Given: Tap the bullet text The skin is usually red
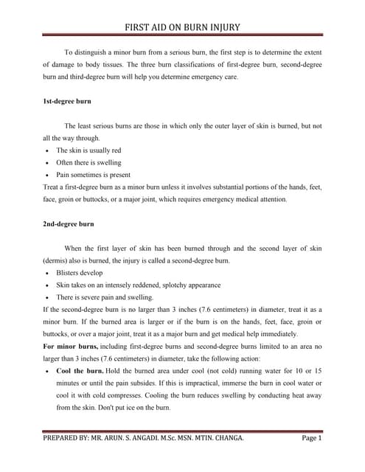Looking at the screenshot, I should (88, 150).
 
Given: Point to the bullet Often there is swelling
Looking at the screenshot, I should (88, 162).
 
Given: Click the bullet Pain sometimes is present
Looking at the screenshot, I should (93, 175).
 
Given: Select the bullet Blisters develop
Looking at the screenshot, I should (80, 272).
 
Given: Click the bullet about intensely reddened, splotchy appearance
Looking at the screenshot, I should (138, 285).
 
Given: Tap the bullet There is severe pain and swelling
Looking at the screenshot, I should (105, 297).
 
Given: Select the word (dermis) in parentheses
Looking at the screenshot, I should (57, 260).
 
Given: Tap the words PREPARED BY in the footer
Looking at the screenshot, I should (69, 438).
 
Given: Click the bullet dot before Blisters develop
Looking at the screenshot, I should (46, 273).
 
